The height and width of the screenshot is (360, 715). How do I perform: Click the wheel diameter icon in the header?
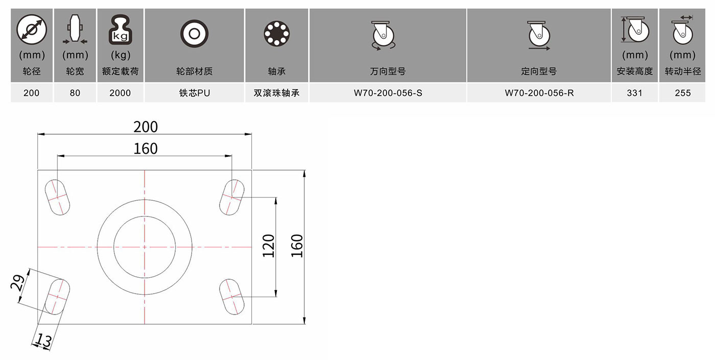click(x=32, y=30)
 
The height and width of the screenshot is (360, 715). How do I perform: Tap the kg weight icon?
click(x=121, y=30)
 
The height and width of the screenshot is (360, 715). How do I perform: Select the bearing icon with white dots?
click(x=276, y=34)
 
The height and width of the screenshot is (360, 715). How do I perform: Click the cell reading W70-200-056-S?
click(x=388, y=93)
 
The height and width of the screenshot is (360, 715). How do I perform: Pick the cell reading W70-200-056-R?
click(x=539, y=93)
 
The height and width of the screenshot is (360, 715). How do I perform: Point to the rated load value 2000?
click(x=120, y=93)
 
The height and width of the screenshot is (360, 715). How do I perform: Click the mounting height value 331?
click(x=634, y=93)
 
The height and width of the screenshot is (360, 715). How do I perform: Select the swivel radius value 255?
click(x=682, y=93)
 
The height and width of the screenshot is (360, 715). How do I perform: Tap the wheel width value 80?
click(x=75, y=93)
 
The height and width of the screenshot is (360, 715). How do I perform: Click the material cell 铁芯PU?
click(x=195, y=93)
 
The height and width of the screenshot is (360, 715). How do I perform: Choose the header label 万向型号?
click(x=388, y=71)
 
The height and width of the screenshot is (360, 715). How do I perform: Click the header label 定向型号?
click(x=539, y=71)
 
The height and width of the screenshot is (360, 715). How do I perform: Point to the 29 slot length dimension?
click(x=17, y=282)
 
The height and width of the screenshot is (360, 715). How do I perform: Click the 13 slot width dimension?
click(x=43, y=340)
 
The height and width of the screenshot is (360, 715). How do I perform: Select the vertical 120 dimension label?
click(x=269, y=246)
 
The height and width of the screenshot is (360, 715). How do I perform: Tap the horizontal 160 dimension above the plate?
click(x=146, y=149)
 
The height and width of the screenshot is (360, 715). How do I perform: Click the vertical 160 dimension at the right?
click(x=297, y=246)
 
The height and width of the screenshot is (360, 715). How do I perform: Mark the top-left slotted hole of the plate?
click(x=57, y=197)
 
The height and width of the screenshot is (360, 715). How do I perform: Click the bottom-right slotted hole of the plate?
click(x=232, y=297)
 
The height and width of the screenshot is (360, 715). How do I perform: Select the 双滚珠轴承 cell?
click(x=276, y=93)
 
